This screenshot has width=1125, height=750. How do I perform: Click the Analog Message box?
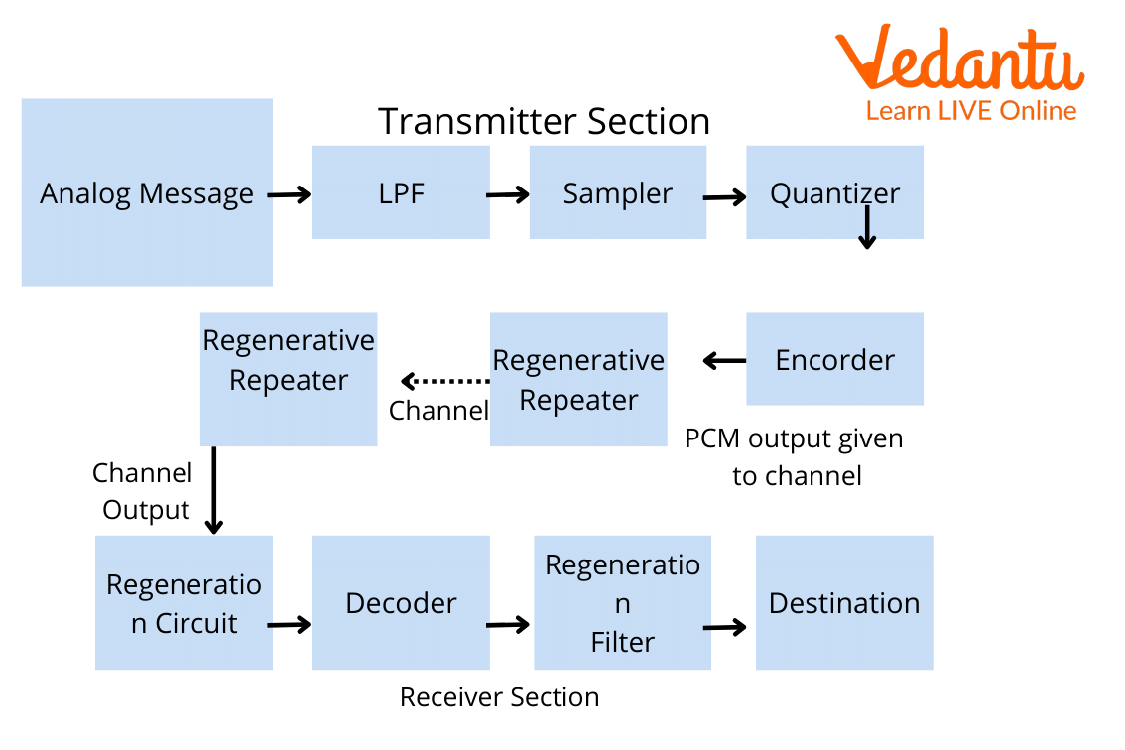coord(147,192)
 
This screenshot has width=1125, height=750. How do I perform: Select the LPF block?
coord(401,192)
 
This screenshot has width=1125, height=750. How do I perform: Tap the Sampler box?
coord(617,192)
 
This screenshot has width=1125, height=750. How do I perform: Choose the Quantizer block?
coord(834,192)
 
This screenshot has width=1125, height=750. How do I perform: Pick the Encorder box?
coord(834,359)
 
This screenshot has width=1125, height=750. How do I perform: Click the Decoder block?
coord(401,602)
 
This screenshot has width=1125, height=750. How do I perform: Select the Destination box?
coord(843,602)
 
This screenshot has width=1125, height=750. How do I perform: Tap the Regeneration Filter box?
coord(622,602)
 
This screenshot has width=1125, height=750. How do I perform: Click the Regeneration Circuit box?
coord(184,602)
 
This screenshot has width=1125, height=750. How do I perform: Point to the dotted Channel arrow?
coord(443,381)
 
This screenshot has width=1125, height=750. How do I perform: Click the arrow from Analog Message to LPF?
coord(290,195)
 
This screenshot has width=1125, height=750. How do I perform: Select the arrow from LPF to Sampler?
coord(508,195)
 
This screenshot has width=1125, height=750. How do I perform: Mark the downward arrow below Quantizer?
coord(867,228)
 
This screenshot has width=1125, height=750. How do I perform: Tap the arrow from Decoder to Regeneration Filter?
coord(509,625)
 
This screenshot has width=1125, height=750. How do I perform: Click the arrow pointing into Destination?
coord(725,627)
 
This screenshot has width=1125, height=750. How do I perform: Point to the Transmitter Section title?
coord(544,122)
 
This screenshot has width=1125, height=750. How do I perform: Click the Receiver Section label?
coord(499,697)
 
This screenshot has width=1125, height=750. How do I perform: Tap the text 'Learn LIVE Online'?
coord(971,111)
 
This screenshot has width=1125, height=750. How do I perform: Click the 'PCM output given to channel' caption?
coord(795,456)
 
